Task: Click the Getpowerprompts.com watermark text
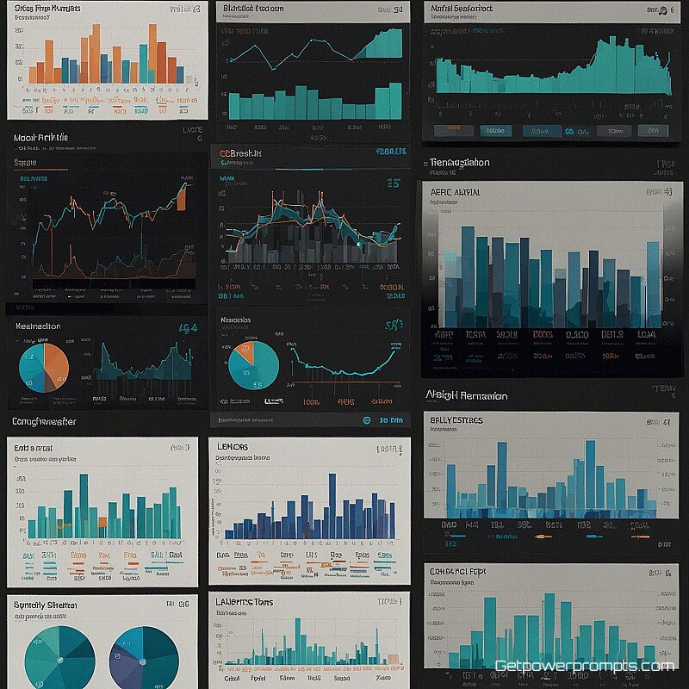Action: (584, 666)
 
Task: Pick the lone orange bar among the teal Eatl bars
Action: (102, 522)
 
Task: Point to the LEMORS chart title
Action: (233, 447)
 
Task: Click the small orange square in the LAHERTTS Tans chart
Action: (394, 659)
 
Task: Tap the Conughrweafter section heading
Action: (44, 422)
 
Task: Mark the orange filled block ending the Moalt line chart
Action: (182, 200)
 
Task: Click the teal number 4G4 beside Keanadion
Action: (187, 328)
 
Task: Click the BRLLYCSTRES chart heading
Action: (456, 420)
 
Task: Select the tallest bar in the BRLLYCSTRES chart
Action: (590, 474)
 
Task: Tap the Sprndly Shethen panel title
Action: (46, 605)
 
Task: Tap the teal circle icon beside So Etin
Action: (368, 420)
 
